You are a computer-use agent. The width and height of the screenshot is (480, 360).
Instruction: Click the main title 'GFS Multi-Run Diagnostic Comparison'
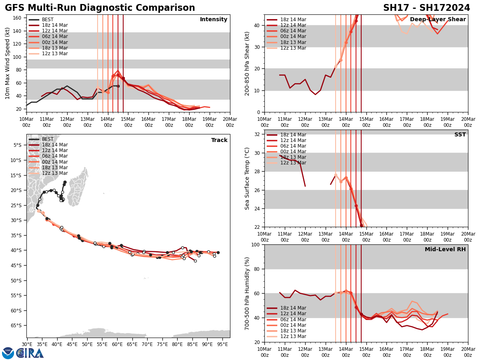pyautogui.click(x=100, y=8)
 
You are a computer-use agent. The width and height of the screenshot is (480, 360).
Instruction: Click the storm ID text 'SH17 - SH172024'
pyautogui.click(x=426, y=8)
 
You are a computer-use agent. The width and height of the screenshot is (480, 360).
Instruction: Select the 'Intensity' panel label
pyautogui.click(x=214, y=20)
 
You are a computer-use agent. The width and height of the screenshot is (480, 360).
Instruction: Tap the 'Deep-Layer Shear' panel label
pyautogui.click(x=438, y=20)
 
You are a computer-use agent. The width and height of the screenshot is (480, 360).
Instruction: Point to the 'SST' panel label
pyautogui.click(x=460, y=135)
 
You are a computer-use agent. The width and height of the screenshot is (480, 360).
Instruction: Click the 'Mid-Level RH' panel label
pyautogui.click(x=445, y=250)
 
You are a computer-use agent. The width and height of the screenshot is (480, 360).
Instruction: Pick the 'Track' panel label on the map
pyautogui.click(x=219, y=140)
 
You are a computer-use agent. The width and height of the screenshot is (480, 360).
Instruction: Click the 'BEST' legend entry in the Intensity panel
pyautogui.click(x=48, y=20)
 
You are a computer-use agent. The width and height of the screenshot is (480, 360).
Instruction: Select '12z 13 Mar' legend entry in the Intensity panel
pyautogui.click(x=55, y=54)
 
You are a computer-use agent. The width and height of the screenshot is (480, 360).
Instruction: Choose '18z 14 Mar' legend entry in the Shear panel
pyautogui.click(x=293, y=20)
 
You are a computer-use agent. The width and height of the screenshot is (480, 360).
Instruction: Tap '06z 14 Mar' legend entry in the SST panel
pyautogui.click(x=293, y=146)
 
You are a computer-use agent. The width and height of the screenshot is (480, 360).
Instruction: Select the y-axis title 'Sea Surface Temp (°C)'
pyautogui.click(x=248, y=178)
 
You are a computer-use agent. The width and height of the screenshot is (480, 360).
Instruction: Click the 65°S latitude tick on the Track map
pyautogui.click(x=18, y=326)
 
